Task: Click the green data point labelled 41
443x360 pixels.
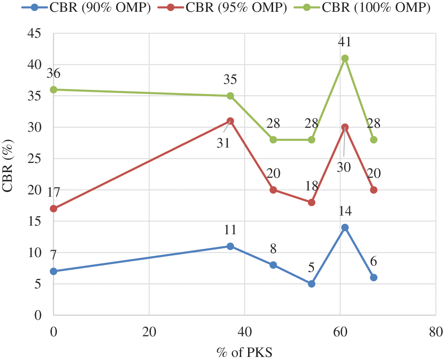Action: point(345,58)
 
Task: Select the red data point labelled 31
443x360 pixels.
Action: point(230,121)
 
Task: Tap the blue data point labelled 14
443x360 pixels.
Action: point(345,227)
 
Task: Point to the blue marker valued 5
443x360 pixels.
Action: point(312,284)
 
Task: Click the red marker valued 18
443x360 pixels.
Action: point(312,202)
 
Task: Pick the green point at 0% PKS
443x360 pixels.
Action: point(54,89)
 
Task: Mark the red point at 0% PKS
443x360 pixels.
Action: point(54,209)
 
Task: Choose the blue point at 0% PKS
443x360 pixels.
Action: point(54,271)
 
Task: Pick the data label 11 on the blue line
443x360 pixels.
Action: point(230,230)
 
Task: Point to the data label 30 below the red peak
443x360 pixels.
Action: point(344,167)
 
